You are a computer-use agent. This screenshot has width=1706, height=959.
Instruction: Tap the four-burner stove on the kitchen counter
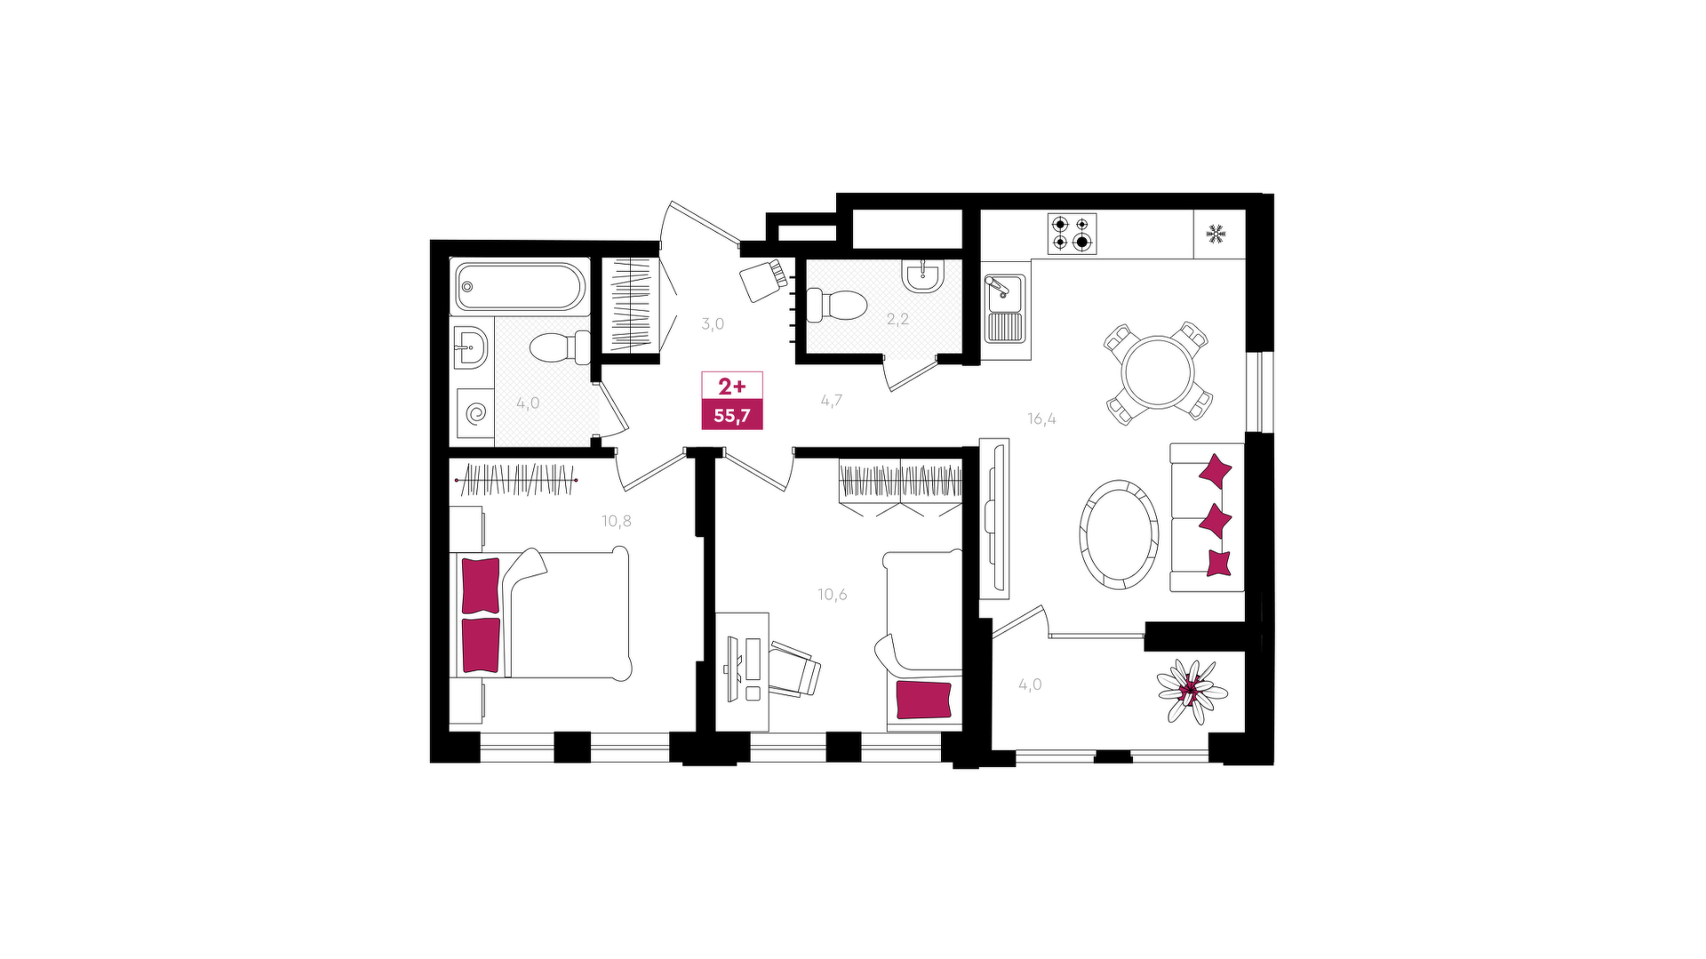click(1072, 234)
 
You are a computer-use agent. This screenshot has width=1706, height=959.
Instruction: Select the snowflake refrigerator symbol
click(1216, 234)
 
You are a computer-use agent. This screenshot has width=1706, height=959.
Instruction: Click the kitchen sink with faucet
click(1005, 307)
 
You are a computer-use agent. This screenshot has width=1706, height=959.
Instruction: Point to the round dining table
click(1158, 372)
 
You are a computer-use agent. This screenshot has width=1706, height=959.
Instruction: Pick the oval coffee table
click(1119, 534)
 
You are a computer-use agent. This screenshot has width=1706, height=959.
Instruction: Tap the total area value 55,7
click(732, 416)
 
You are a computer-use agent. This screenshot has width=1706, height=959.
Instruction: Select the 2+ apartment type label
click(732, 386)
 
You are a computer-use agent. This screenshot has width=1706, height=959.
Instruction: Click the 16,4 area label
click(1041, 419)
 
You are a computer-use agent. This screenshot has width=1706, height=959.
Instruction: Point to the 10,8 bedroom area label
click(617, 521)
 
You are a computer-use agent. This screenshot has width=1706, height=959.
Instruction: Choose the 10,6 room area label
click(833, 595)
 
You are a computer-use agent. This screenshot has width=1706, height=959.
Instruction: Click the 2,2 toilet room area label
click(897, 319)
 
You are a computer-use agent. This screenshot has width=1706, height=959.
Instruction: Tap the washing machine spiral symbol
click(476, 414)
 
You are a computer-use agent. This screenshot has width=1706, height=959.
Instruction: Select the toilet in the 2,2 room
click(835, 305)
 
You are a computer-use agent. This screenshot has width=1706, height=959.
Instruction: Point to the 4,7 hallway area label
click(832, 400)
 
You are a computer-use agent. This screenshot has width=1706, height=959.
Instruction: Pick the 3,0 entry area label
click(713, 324)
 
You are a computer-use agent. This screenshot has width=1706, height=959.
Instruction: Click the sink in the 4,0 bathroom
click(470, 346)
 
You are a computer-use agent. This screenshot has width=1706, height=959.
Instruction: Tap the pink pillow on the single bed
click(923, 700)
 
